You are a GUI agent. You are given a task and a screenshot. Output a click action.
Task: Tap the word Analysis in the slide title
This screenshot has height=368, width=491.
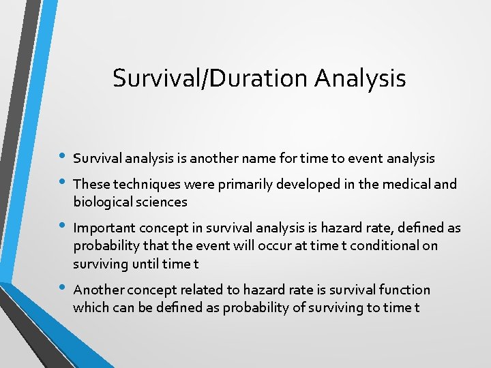click(x=360, y=78)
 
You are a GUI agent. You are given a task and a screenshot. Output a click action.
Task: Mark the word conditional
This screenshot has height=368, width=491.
click(x=385, y=245)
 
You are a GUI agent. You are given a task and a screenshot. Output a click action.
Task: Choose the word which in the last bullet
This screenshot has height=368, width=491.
click(x=90, y=307)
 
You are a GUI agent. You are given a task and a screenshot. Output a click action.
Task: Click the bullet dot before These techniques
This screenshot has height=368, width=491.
click(x=63, y=183)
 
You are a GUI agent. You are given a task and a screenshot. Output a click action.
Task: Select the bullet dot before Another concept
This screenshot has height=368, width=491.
click(x=63, y=288)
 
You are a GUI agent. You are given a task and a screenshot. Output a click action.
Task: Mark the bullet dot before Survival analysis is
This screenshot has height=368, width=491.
click(x=63, y=157)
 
